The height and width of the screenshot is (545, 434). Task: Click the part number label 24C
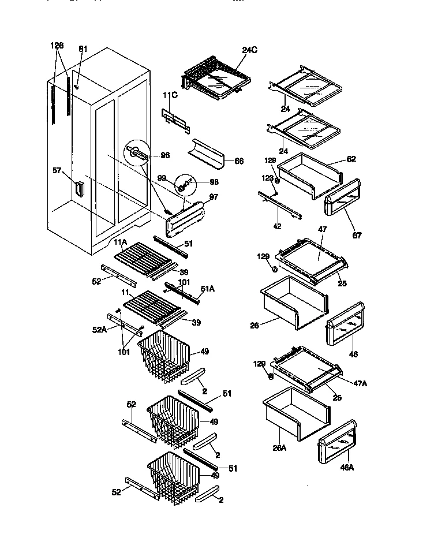249,50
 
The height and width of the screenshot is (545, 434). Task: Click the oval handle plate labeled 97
186,218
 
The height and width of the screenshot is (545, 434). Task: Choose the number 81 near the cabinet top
83,48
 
